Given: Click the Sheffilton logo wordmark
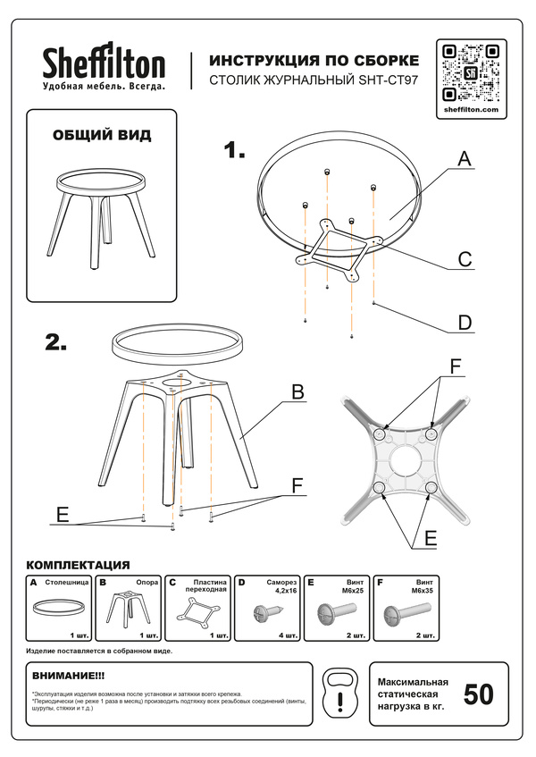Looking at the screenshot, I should click(104, 64).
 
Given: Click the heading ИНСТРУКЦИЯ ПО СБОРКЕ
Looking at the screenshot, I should click(313, 61).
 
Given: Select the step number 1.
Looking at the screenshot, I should click(233, 151).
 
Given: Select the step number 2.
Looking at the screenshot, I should click(57, 342).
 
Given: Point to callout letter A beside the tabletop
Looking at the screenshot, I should click(464, 158).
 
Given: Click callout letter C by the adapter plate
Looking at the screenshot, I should click(465, 259).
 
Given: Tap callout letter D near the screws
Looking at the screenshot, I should click(465, 322).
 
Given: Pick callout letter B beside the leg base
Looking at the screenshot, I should click(298, 392).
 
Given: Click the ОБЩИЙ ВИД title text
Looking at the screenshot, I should click(102, 136).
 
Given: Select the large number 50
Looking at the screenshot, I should click(478, 694).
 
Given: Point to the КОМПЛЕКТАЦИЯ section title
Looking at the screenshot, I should click(79, 565).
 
